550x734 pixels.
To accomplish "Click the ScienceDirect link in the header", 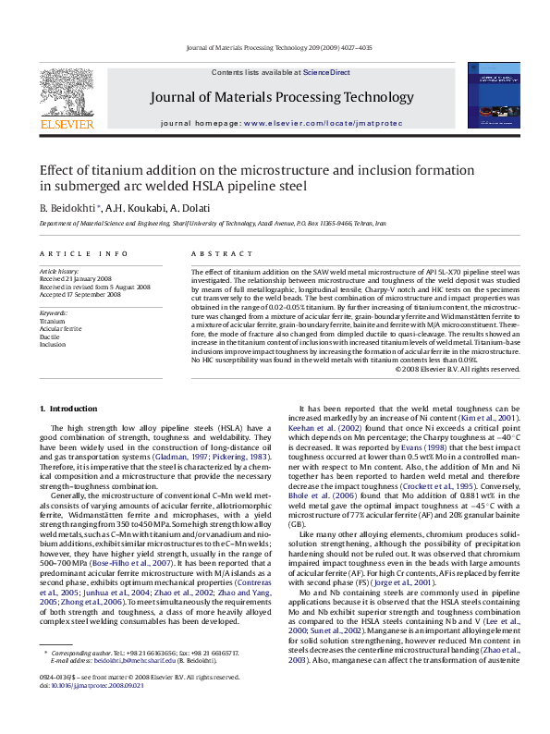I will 326,72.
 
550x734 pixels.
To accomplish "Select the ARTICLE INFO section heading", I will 83,253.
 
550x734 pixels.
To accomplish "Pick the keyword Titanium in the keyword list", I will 54,321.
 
